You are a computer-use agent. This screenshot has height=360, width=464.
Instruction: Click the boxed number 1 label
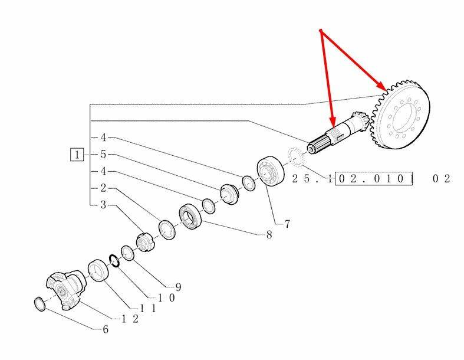click(77, 155)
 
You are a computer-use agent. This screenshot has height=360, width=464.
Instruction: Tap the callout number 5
click(103, 155)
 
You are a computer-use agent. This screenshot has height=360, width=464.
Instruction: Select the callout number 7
click(287, 224)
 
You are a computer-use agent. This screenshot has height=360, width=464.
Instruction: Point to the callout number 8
click(269, 234)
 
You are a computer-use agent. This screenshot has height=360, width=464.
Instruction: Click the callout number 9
click(177, 287)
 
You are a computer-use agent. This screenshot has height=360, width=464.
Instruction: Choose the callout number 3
click(103, 205)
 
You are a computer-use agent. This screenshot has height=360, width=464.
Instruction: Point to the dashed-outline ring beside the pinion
click(294, 159)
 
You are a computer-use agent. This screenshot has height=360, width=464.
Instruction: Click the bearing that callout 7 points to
click(270, 171)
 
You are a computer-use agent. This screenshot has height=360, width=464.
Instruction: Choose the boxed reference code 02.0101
click(374, 178)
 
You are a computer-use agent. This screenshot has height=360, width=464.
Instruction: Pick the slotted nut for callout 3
click(145, 242)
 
